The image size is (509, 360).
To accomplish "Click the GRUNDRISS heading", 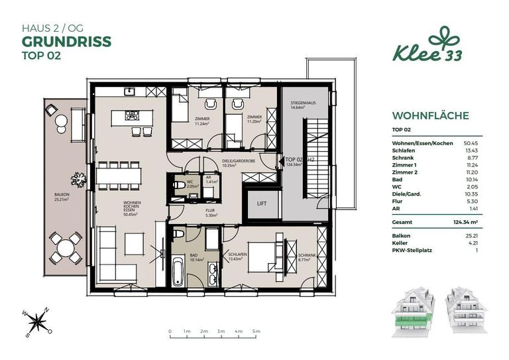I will [x=66, y=42].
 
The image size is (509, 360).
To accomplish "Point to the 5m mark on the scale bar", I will [x=256, y=330].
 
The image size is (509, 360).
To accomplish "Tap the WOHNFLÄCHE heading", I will [x=431, y=116].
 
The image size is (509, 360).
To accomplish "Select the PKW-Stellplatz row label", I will [x=412, y=251].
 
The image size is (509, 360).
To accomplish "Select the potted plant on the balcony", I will [x=80, y=178].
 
